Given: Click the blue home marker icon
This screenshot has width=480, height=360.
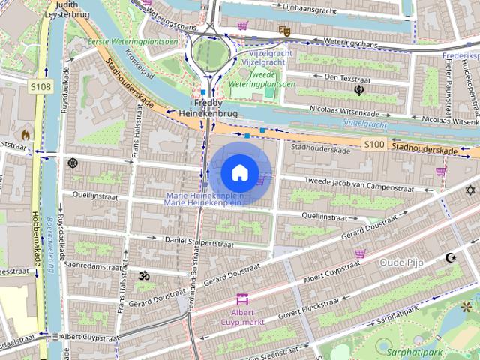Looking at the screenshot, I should pyautogui.click(x=239, y=173).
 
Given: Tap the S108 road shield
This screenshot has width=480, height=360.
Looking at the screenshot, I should pyautogui.click(x=41, y=88).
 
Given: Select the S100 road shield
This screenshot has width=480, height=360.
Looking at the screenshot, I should pyautogui.click(x=373, y=143).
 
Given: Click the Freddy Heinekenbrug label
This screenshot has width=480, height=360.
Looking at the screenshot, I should pyautogui.click(x=208, y=106).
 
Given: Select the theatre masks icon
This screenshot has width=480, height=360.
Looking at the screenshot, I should pyautogui.click(x=284, y=31).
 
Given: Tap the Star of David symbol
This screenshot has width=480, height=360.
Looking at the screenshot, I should pyautogui.click(x=470, y=191).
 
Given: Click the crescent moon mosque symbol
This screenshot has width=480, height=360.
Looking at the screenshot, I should pyautogui.click(x=450, y=257).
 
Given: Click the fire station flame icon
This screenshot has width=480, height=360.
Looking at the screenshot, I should pyautogui.click(x=25, y=135).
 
